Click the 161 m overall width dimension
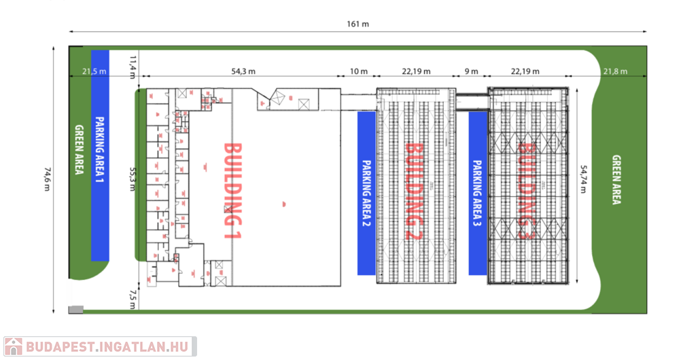click(358, 24)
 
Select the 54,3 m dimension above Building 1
click(243, 71)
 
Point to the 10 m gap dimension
click(359, 71)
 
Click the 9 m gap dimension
click(470, 71)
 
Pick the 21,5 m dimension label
click(94, 71)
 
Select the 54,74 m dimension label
click(582, 179)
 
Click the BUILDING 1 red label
click(233, 190)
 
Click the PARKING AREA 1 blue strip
click(101, 155)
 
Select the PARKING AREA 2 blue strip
click(366, 192)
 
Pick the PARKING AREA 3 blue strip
click(477, 193)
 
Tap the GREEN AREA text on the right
click(616, 180)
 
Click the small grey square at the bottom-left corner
click(76, 310)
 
